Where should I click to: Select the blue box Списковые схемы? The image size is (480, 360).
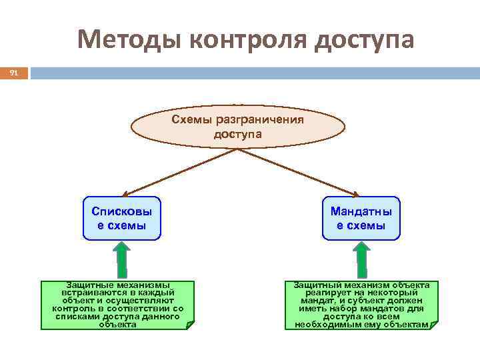tap(121, 218)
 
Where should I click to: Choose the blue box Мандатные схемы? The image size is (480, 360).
tap(361, 218)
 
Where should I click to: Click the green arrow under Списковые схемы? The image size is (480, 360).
tap(122, 259)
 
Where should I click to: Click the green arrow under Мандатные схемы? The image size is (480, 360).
tap(361, 259)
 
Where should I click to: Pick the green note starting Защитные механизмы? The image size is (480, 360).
tap(117, 305)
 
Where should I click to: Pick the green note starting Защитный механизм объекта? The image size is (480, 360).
tap(362, 305)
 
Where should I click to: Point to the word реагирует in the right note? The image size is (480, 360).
tap(328, 293)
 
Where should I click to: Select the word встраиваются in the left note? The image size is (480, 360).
tap(91, 293)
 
